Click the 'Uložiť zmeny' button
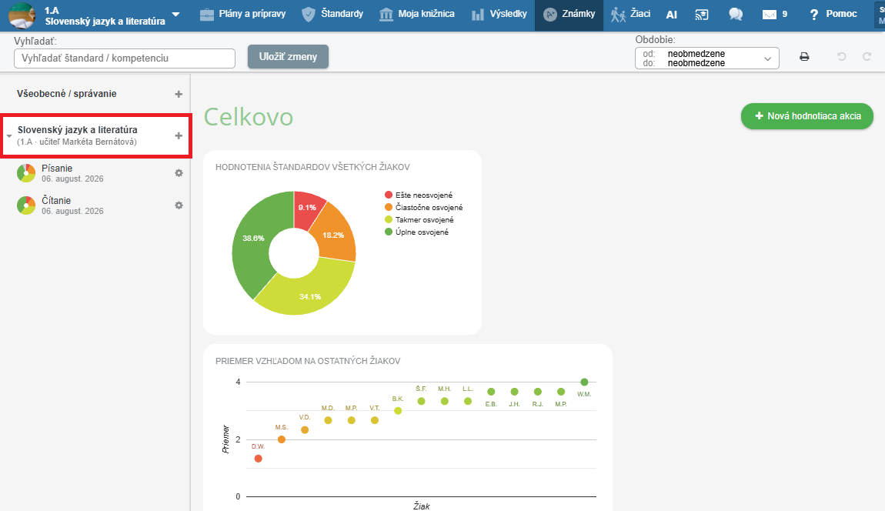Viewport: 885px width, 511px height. (288, 56)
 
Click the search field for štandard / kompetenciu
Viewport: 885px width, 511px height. (124, 58)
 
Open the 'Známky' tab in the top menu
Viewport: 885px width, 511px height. (569, 14)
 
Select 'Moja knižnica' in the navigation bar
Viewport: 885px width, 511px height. (417, 14)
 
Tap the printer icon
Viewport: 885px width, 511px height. (804, 56)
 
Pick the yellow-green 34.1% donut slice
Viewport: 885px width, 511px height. (308, 292)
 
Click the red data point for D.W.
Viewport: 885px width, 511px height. (258, 459)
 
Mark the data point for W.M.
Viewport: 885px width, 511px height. (584, 382)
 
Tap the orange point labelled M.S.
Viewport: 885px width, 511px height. (282, 439)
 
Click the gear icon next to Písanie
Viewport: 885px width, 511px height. (179, 173)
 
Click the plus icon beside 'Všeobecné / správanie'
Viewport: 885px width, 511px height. (179, 95)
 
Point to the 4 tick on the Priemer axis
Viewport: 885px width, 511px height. (239, 382)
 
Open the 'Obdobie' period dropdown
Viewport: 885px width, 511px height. (706, 58)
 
